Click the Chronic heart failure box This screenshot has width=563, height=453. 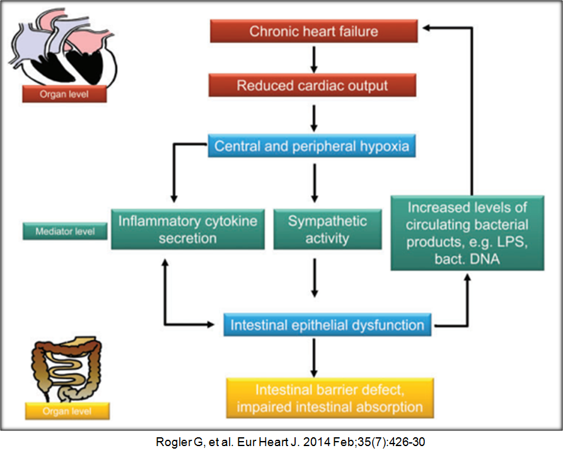point(313,32)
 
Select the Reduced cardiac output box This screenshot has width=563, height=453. point(313,86)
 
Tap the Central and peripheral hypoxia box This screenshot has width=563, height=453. point(312,147)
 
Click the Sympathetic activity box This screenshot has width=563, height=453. point(327,229)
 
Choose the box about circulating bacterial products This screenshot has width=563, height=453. point(467,233)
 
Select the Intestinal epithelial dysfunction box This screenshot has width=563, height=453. point(327,326)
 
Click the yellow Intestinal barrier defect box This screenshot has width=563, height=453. point(330,397)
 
